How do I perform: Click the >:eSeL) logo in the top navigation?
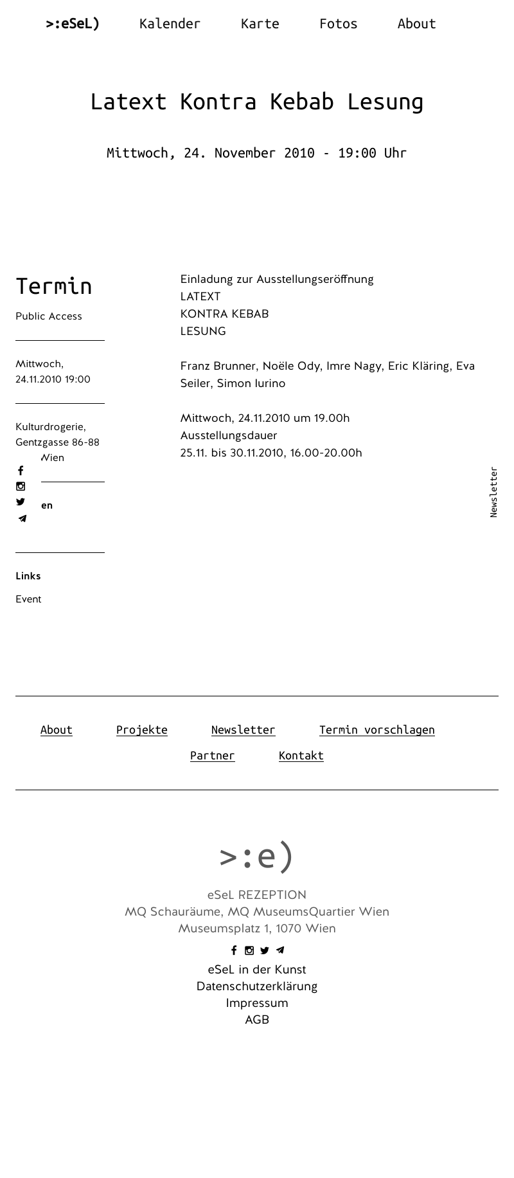click(73, 24)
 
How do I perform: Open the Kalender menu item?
click(170, 24)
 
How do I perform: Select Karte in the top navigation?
click(260, 24)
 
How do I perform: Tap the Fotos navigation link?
click(338, 24)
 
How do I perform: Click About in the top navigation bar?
click(416, 24)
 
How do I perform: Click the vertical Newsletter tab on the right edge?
click(493, 492)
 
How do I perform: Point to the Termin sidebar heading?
click(54, 286)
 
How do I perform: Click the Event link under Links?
click(28, 599)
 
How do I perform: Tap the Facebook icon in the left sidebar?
click(21, 471)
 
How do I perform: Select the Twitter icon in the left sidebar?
click(21, 502)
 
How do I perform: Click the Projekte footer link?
click(141, 730)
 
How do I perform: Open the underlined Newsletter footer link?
click(243, 730)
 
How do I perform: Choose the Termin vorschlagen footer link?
click(377, 730)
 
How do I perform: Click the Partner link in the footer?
click(212, 756)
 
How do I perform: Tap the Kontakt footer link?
click(301, 756)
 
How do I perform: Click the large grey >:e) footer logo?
click(257, 856)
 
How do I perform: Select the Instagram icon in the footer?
click(249, 950)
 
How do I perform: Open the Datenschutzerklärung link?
click(257, 986)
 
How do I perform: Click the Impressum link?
click(257, 1003)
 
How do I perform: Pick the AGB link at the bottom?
click(257, 1020)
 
